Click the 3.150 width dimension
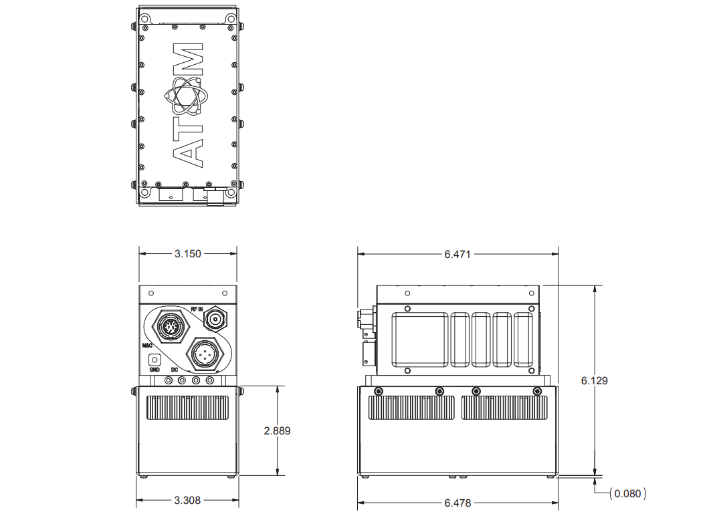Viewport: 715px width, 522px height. point(188,254)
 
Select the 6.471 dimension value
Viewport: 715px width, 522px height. point(457,254)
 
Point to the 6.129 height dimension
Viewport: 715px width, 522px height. point(595,380)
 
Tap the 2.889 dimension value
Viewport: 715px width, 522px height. point(277,431)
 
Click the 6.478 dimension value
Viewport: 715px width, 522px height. point(457,502)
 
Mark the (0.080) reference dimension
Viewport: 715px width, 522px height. point(627,494)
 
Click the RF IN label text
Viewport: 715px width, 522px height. point(197,309)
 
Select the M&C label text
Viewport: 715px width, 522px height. point(148,346)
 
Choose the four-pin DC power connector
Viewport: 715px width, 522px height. point(205,353)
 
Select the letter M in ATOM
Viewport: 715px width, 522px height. point(187,59)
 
